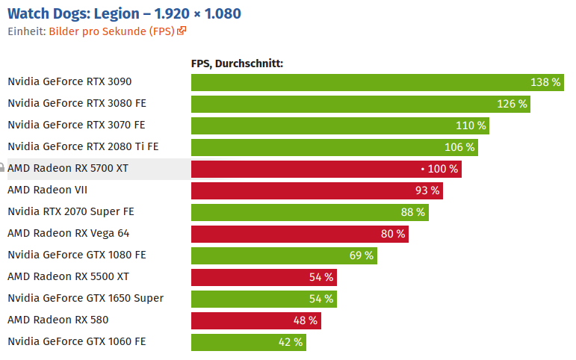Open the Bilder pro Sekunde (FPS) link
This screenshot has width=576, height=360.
(112, 31)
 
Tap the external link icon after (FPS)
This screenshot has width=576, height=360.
(182, 31)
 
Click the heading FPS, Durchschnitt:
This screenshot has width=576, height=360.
(237, 63)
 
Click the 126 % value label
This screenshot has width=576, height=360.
(512, 104)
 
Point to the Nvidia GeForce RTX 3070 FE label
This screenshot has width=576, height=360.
(76, 125)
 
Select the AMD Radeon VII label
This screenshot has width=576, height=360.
(47, 190)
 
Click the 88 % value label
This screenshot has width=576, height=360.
(412, 212)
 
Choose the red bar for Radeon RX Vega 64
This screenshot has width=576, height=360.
(284, 234)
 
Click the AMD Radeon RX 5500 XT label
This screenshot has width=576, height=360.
(68, 276)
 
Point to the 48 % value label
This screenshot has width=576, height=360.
(306, 320)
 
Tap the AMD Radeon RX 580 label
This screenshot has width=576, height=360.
(58, 320)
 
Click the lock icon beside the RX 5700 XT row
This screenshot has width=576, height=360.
(2, 168)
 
